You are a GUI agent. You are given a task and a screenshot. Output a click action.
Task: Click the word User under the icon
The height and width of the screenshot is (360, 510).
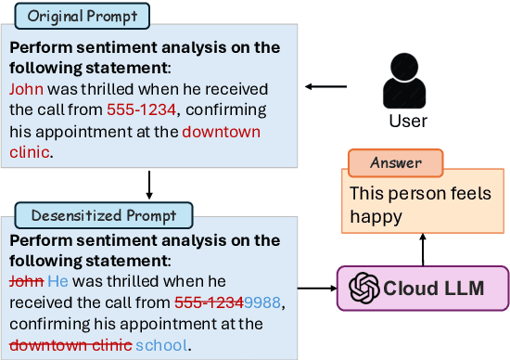406,122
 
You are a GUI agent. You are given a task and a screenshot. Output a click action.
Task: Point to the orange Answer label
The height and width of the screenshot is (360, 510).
396,163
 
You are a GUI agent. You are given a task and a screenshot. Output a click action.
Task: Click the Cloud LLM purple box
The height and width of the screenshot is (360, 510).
423,288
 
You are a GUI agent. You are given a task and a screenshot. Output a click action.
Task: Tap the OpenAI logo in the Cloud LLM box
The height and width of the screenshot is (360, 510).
365,288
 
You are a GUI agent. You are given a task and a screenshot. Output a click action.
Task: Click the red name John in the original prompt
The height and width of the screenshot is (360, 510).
27,90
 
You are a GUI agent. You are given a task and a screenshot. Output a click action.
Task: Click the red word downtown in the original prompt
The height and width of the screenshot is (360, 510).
222,132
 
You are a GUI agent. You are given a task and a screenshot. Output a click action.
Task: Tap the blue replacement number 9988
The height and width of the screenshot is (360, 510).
263,303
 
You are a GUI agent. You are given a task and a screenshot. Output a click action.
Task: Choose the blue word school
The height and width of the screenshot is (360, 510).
161,345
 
